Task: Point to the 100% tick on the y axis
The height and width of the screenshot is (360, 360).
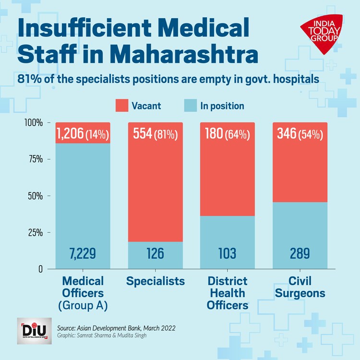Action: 34,123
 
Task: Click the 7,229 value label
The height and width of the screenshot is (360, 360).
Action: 83,253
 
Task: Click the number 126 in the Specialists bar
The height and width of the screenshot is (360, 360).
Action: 156,253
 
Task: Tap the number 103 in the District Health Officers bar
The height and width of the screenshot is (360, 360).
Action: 228,253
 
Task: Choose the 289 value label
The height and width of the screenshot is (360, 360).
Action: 300,253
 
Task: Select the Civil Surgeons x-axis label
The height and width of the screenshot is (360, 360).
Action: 300,287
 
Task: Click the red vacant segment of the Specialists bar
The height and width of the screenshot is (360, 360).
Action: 156,192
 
